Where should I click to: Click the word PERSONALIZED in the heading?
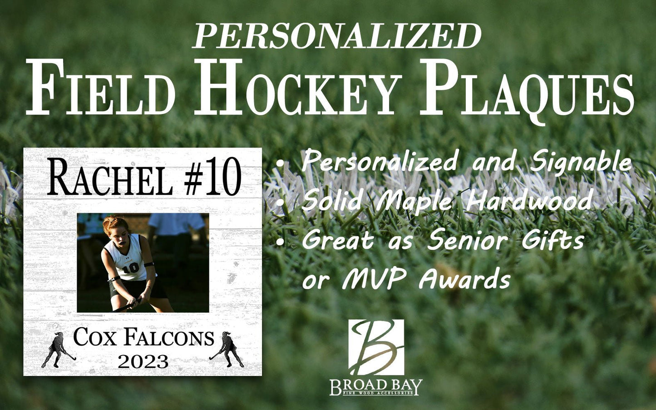coord(337,36)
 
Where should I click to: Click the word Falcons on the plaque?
coord(169,338)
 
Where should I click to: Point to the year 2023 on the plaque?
coord(143,362)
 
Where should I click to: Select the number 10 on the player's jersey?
coord(131,267)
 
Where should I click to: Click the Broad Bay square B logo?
coord(376,347)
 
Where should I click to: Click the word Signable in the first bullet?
coord(582,162)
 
